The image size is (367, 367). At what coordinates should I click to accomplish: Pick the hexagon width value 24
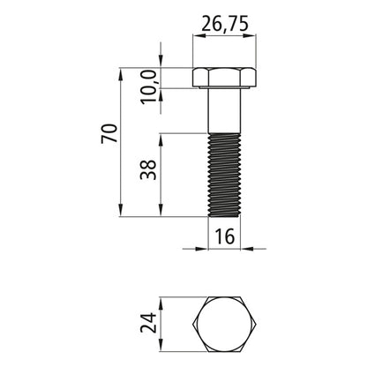[x=147, y=326]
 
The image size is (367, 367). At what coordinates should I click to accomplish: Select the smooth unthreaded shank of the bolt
[x=224, y=111]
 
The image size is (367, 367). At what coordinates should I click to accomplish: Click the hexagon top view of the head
[x=224, y=326]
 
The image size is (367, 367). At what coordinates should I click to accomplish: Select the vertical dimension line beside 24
[x=161, y=326]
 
